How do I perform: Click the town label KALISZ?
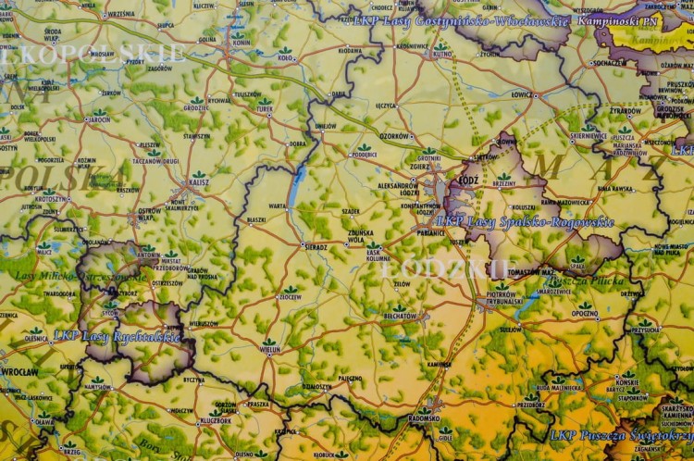pos(198,183)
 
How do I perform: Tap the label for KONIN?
pos(241,43)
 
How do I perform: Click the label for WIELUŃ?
pos(269,351)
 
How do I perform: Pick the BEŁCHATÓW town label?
pos(399,316)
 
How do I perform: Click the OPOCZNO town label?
pos(584,315)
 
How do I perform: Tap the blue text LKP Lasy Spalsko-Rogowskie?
pos(525,222)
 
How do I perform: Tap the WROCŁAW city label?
pos(20,371)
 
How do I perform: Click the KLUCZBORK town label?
pos(216,420)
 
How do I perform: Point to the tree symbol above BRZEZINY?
pos(504,175)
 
